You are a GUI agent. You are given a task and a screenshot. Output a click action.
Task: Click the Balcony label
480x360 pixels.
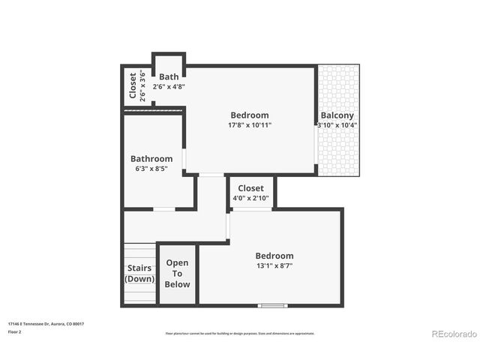click(337, 115)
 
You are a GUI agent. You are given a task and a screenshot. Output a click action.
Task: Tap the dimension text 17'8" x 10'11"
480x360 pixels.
click(250, 125)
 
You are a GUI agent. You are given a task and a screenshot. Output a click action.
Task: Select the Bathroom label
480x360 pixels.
click(151, 159)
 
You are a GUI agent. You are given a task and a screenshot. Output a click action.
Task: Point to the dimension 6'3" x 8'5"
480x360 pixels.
click(151, 169)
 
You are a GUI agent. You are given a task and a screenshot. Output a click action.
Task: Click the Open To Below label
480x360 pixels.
click(178, 274)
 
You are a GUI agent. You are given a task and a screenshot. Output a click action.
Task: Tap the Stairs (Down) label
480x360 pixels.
click(139, 274)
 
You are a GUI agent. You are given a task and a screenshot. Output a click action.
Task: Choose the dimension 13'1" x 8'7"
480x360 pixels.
click(274, 265)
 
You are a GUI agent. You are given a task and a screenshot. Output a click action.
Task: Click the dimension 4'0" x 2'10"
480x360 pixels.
click(250, 198)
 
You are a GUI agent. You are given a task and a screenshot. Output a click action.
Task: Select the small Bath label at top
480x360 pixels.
click(169, 76)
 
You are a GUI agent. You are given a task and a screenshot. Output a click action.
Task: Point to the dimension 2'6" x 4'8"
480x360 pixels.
click(169, 86)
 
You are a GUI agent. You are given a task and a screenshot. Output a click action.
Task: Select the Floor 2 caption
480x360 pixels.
click(16, 331)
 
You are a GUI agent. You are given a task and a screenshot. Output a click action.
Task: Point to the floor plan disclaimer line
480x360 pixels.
click(240, 333)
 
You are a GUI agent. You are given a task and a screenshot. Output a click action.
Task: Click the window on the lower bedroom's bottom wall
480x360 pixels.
click(272, 305)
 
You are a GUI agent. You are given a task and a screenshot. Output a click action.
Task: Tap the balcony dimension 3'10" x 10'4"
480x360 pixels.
click(337, 125)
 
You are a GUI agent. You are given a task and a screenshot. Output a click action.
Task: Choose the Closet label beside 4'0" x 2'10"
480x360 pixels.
click(250, 188)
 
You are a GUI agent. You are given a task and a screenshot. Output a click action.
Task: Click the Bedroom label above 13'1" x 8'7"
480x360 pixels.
click(274, 256)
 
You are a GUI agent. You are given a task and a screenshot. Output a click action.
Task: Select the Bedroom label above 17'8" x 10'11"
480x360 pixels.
click(250, 115)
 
